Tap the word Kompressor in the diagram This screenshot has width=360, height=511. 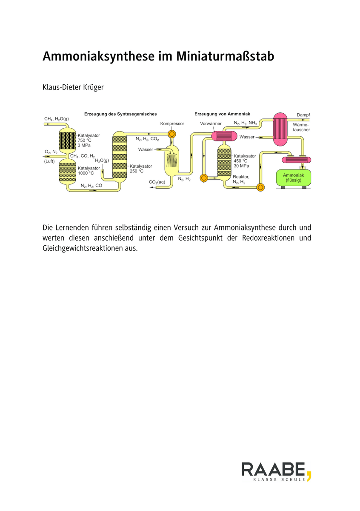tap(172, 123)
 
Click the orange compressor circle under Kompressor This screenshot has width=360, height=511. tap(171, 134)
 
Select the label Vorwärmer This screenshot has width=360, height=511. tap(211, 123)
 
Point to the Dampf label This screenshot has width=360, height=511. tap(303, 115)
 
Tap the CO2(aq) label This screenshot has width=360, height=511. tap(157, 182)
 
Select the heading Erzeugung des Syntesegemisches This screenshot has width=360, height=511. tap(120, 114)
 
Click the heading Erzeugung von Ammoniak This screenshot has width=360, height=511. tap(222, 114)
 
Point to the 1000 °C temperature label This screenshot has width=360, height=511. tap(86, 173)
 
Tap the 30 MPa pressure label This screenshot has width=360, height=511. tap(242, 166)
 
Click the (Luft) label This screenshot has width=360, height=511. tap(50, 161)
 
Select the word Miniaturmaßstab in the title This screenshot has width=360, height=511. tap(225, 56)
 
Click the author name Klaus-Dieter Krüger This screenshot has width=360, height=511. tap(73, 87)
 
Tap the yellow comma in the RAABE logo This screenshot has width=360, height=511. tap(309, 474)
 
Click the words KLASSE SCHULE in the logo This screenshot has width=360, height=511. tap(279, 479)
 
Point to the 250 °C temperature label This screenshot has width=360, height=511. tap(137, 171)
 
